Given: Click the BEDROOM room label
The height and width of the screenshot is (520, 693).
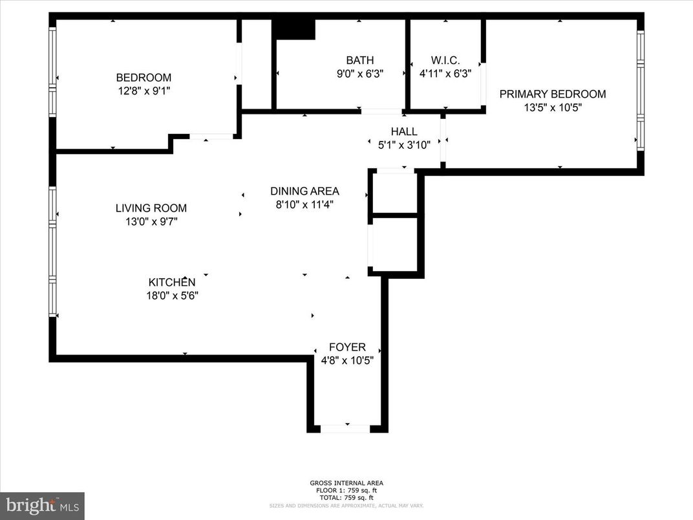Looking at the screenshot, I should (144, 78).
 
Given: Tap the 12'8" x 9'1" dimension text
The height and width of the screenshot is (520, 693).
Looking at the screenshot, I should (144, 91).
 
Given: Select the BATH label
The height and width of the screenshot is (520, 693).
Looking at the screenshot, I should (359, 60).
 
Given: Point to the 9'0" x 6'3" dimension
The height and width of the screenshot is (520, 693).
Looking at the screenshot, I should (360, 74).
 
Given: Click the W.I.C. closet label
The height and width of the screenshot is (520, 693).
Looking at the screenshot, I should (445, 60).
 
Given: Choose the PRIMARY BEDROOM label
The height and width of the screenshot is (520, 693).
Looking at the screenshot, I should (553, 94).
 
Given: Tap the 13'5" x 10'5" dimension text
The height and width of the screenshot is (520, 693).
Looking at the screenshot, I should (553, 108).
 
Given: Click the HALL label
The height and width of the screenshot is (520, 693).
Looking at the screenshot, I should (403, 131).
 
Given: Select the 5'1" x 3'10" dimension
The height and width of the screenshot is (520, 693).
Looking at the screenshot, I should (404, 146).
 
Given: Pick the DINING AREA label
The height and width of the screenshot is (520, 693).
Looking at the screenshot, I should (304, 191).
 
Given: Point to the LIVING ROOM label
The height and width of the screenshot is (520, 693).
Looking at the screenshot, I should (151, 208).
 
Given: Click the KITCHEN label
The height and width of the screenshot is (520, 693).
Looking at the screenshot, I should (172, 282).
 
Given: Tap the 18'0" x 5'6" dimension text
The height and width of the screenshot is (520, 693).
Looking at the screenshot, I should (172, 296).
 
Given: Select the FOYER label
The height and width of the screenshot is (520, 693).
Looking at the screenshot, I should (347, 347).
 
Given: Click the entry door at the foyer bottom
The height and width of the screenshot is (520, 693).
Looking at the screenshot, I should (346, 428).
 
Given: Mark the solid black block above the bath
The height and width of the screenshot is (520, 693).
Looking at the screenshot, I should (293, 29).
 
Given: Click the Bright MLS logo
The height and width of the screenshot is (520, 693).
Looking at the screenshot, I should (42, 505).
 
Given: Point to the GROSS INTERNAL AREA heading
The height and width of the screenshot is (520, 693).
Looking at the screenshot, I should (346, 483).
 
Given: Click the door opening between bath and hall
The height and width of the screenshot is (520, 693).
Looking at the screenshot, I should (381, 111).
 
